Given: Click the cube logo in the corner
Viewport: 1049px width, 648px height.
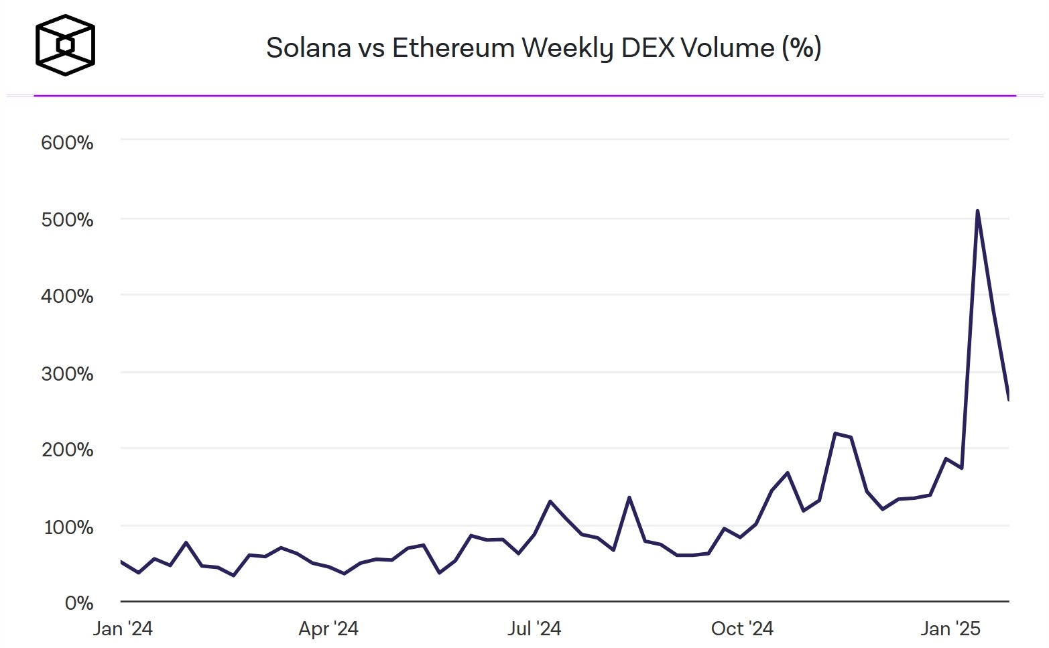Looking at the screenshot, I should (65, 45).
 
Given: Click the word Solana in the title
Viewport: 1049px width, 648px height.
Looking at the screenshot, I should (308, 48).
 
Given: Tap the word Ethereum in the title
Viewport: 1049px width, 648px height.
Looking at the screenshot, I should (452, 48).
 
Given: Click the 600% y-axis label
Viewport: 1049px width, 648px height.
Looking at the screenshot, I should (67, 143).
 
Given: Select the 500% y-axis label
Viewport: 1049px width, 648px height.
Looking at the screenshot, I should (67, 220).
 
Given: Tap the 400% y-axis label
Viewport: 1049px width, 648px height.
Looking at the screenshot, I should (67, 296).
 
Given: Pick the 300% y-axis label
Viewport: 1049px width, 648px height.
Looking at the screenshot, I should (67, 373).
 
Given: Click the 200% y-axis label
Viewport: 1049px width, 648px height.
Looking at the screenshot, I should (67, 450).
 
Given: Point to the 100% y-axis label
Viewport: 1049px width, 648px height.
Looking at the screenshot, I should (68, 527).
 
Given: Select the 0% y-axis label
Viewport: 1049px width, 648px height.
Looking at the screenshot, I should (79, 603).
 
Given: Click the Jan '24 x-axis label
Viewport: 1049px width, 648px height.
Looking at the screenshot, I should (123, 629).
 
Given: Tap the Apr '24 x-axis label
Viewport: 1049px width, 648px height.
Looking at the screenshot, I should (328, 629).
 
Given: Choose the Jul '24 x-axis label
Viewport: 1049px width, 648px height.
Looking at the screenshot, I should (534, 629).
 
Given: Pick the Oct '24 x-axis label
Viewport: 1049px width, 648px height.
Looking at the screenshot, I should (742, 629).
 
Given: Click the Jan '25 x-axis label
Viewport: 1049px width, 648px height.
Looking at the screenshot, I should (950, 629).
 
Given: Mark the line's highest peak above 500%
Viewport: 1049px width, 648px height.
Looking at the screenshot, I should (977, 211).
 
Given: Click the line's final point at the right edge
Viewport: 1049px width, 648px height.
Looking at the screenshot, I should (1008, 398).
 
